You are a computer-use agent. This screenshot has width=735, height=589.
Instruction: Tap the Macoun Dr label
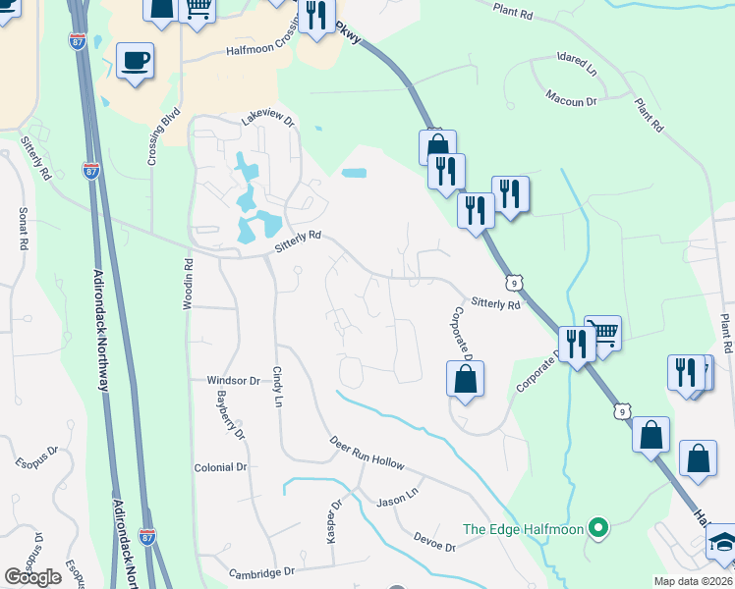[572, 100]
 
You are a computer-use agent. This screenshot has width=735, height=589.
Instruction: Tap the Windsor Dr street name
[233, 380]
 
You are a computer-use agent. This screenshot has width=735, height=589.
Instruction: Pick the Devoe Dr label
[434, 542]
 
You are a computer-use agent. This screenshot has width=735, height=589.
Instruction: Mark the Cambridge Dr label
[261, 571]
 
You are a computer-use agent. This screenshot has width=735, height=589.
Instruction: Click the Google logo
[33, 577]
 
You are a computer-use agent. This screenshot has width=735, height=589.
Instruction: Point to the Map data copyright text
[693, 581]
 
